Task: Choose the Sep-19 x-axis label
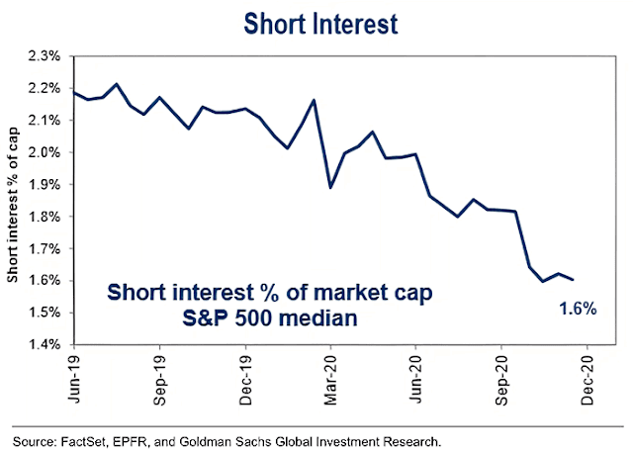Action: [x=158, y=375]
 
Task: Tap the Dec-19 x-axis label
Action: [x=244, y=375]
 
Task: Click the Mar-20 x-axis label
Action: [x=329, y=375]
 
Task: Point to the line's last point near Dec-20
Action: [x=573, y=280]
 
